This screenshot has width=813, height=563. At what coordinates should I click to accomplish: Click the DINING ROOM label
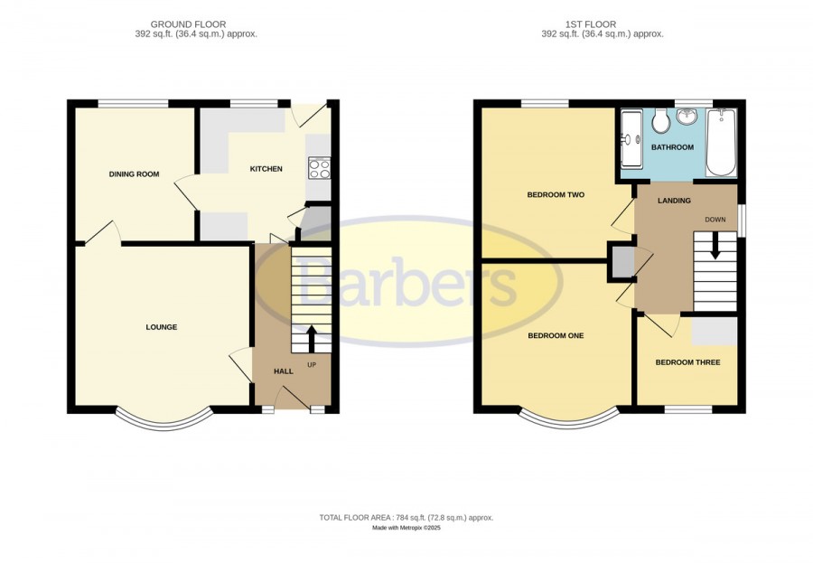pyautogui.click(x=134, y=174)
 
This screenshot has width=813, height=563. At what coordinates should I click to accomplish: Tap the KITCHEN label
pyautogui.click(x=266, y=169)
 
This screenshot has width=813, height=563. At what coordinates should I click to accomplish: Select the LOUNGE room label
pyautogui.click(x=162, y=327)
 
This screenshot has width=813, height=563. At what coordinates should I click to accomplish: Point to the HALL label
pyautogui.click(x=283, y=371)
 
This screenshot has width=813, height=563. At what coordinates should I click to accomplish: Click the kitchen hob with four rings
pyautogui.click(x=320, y=168)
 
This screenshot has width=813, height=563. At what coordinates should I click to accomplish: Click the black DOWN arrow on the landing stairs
pyautogui.click(x=715, y=246)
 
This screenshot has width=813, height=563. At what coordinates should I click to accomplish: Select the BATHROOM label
pyautogui.click(x=672, y=147)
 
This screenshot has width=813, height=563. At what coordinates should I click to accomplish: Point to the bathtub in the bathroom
pyautogui.click(x=721, y=142)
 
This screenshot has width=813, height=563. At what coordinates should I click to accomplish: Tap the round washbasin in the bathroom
pyautogui.click(x=687, y=117)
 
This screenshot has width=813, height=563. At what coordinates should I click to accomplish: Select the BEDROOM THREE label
pyautogui.click(x=687, y=362)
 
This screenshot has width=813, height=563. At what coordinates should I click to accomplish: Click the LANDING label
pyautogui.click(x=674, y=201)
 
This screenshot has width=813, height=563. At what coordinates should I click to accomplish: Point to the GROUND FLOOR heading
pyautogui.click(x=188, y=24)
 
